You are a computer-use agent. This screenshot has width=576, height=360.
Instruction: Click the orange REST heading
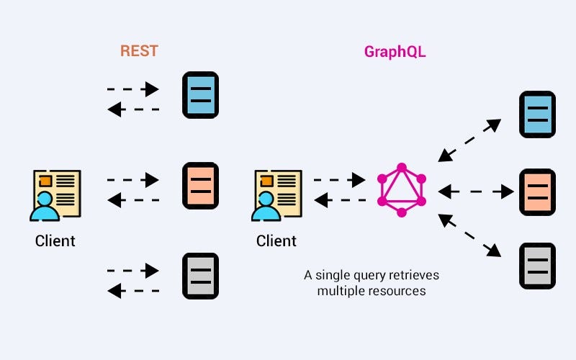coord(138,52)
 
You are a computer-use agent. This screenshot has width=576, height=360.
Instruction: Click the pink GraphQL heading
coord(395,52)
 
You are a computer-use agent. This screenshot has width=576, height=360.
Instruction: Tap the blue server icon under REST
coord(200,95)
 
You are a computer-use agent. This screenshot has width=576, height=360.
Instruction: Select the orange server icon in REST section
coord(200,186)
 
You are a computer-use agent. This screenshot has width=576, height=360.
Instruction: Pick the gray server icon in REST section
coord(200,276)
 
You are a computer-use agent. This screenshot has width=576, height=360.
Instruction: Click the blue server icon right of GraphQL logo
coord(537,114)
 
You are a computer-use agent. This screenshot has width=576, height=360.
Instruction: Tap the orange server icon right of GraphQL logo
coord(537,192)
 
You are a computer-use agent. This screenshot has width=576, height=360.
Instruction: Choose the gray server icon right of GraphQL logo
coord(537,266)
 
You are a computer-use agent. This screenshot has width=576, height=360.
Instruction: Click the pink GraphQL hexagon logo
coord(402,190)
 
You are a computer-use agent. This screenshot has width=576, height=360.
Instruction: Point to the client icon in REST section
coord(56,195)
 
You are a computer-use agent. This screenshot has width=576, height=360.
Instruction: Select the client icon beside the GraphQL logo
coord(277,195)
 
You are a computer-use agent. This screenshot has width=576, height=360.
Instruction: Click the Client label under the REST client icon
coord(55,240)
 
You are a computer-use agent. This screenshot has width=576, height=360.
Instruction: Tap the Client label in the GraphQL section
coord(276,240)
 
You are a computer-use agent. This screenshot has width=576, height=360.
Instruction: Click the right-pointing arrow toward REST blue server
coord(133,89)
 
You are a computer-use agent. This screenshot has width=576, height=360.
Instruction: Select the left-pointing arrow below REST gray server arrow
coord(133,291)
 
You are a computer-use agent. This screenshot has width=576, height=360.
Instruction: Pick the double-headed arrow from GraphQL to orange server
coord(476,192)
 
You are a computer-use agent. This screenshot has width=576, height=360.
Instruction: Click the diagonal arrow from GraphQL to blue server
coord(470,140)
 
